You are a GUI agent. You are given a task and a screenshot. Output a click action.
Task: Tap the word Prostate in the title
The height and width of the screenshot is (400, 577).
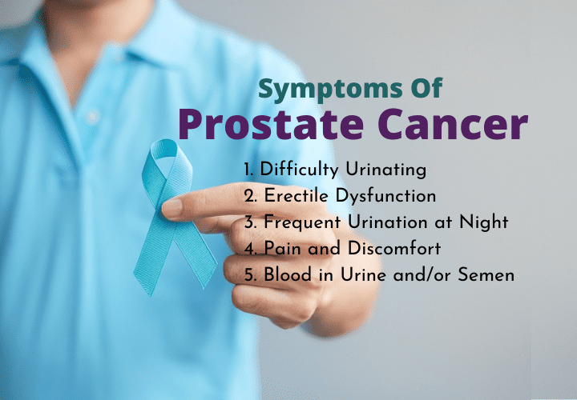coord(271,124)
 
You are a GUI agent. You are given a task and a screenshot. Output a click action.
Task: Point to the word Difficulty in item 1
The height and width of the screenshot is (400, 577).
coord(299,170)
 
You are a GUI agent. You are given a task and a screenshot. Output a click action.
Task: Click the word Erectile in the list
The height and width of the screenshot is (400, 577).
coord(296,195)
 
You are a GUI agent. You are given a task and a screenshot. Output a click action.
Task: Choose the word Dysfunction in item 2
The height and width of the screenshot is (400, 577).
coord(386,196)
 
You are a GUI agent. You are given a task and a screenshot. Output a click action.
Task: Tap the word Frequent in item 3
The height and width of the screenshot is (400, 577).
coord(302,222)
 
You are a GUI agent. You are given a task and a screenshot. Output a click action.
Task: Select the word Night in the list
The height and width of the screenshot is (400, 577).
coord(483,222)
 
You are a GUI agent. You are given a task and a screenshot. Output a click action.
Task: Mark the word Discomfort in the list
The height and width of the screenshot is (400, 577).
coord(394,248)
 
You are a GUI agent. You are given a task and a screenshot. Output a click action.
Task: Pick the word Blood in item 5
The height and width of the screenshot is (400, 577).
coord(288,274)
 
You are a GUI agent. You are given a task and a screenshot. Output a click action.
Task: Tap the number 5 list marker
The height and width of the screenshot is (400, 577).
coord(249,275)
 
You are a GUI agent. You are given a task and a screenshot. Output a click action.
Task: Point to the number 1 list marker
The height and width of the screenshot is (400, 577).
coord(248,170)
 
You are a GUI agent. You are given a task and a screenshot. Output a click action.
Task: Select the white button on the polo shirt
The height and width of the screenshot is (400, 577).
coord(93,117)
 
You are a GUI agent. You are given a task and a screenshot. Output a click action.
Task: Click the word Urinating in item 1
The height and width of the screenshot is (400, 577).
coord(385,170)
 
